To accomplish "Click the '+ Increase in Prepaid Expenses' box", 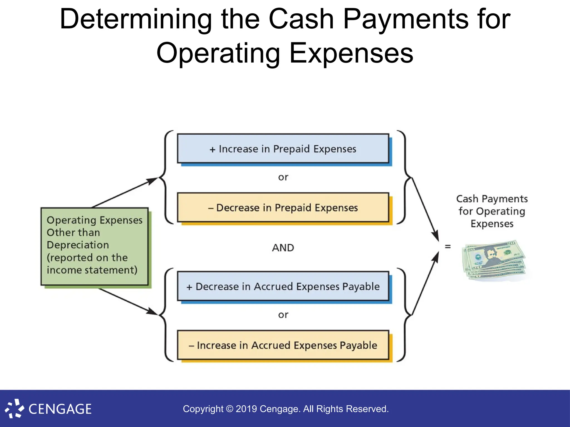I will click(283, 149).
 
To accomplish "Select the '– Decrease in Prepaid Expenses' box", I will click(283, 208).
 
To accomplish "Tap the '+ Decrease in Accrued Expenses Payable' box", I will click(283, 286).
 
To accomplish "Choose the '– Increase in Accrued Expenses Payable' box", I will click(283, 345).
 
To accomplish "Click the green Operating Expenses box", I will click(95, 246).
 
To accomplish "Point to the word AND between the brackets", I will click(283, 248).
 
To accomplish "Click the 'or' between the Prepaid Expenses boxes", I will click(283, 177).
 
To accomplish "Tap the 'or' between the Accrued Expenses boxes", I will click(283, 315).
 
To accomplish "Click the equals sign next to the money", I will click(448, 246).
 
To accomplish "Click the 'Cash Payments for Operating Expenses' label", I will click(492, 211).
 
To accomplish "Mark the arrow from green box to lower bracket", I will click(128, 302).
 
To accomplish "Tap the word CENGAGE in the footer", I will click(60, 409).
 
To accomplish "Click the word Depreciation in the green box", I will click(78, 245).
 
